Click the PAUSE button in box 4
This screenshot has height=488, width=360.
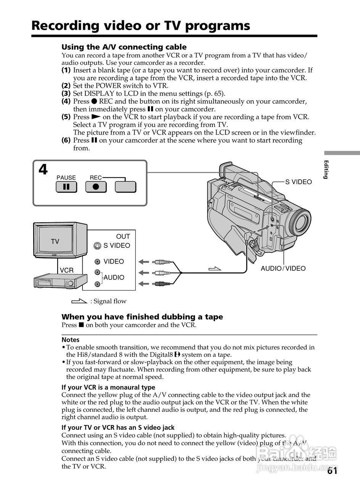[66, 187]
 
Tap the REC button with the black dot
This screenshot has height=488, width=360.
[96, 187]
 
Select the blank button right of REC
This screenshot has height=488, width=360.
[125, 187]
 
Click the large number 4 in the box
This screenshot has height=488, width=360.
[43, 170]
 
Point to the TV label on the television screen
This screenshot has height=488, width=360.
[55, 241]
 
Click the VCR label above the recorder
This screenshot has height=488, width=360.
[66, 270]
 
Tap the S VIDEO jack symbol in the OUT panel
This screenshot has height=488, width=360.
[97, 246]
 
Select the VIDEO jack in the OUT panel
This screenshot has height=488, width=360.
[98, 262]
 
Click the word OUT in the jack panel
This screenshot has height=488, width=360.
[123, 236]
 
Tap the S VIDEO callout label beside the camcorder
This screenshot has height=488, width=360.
[299, 182]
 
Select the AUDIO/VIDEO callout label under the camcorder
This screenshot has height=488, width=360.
[283, 268]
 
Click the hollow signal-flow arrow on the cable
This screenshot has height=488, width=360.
[215, 269]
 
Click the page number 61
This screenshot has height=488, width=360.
[332, 471]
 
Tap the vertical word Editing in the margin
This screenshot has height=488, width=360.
[326, 169]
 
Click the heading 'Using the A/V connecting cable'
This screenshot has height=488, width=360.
[124, 47]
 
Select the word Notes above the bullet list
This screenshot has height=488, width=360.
[71, 340]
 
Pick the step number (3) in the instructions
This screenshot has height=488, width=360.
[66, 93]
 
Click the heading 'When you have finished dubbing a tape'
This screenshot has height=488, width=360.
[142, 317]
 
